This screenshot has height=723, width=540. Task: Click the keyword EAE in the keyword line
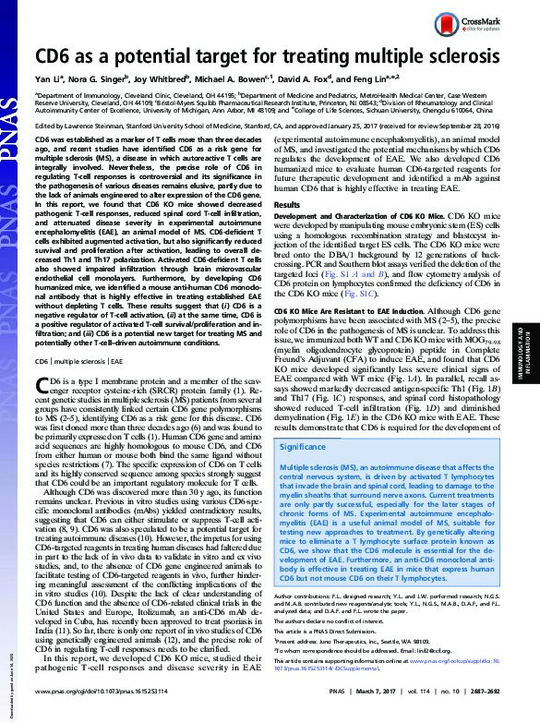click(x=115, y=388)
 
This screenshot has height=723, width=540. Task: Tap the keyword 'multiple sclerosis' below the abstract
click(x=79, y=388)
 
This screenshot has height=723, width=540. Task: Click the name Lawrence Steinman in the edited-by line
click(x=96, y=125)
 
